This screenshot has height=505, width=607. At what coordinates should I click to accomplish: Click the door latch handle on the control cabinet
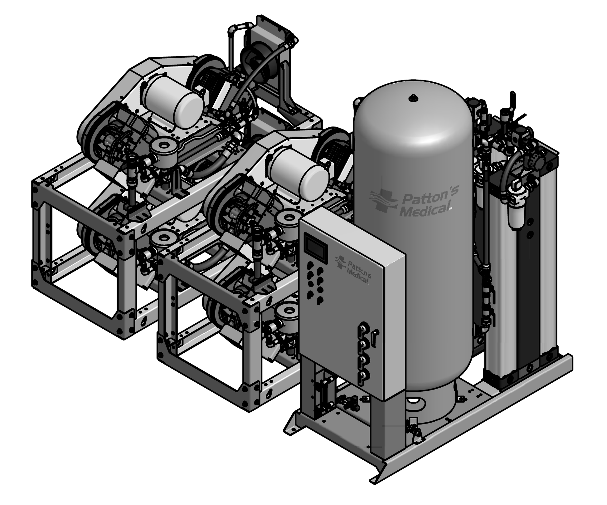[x=376, y=338]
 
